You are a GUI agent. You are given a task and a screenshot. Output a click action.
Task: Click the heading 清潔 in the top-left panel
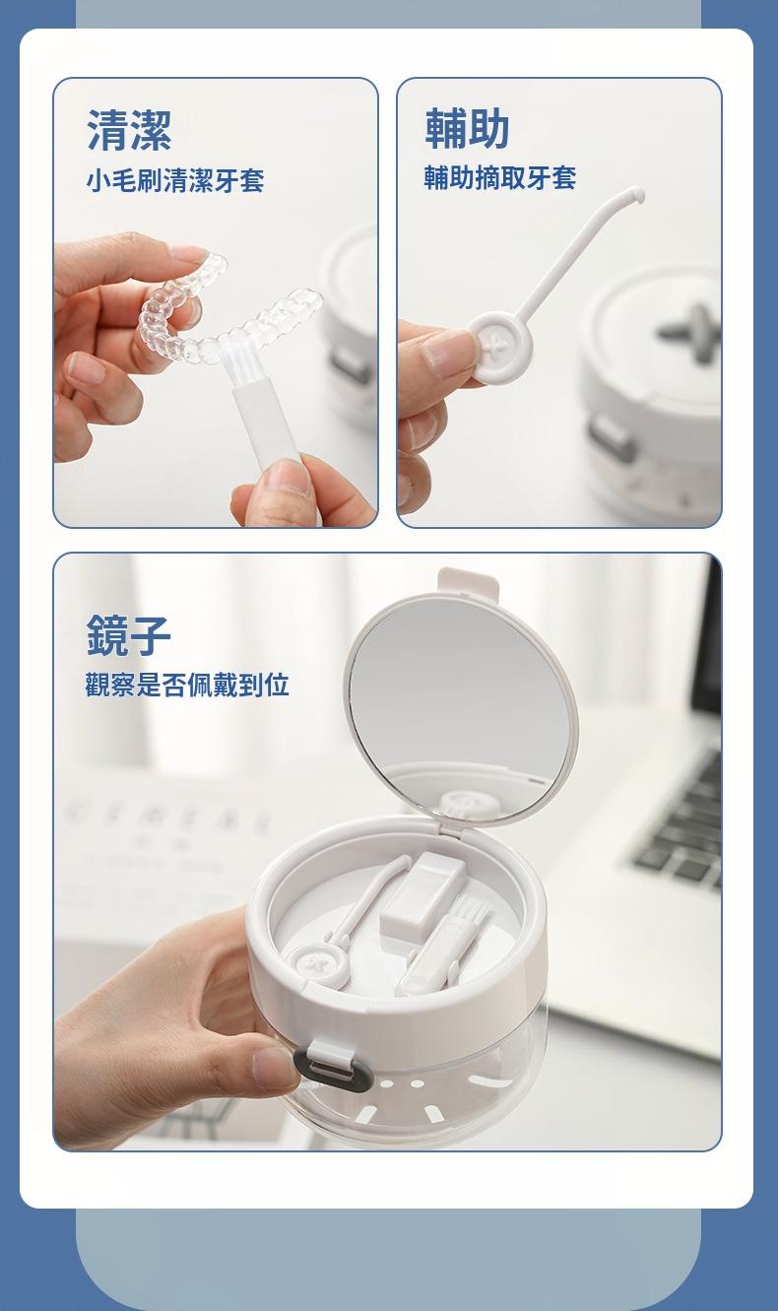tap(129, 131)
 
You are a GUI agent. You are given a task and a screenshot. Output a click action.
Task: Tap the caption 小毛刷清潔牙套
tap(175, 179)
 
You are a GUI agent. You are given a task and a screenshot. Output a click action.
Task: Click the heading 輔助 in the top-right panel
tap(467, 128)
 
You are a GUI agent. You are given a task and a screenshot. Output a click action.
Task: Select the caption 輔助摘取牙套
tap(500, 177)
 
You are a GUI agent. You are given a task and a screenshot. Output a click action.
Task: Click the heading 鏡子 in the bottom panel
tap(129, 635)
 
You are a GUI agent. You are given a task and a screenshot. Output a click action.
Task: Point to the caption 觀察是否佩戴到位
tap(187, 685)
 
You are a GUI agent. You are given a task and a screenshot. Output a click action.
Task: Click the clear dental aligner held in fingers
tap(228, 310)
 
